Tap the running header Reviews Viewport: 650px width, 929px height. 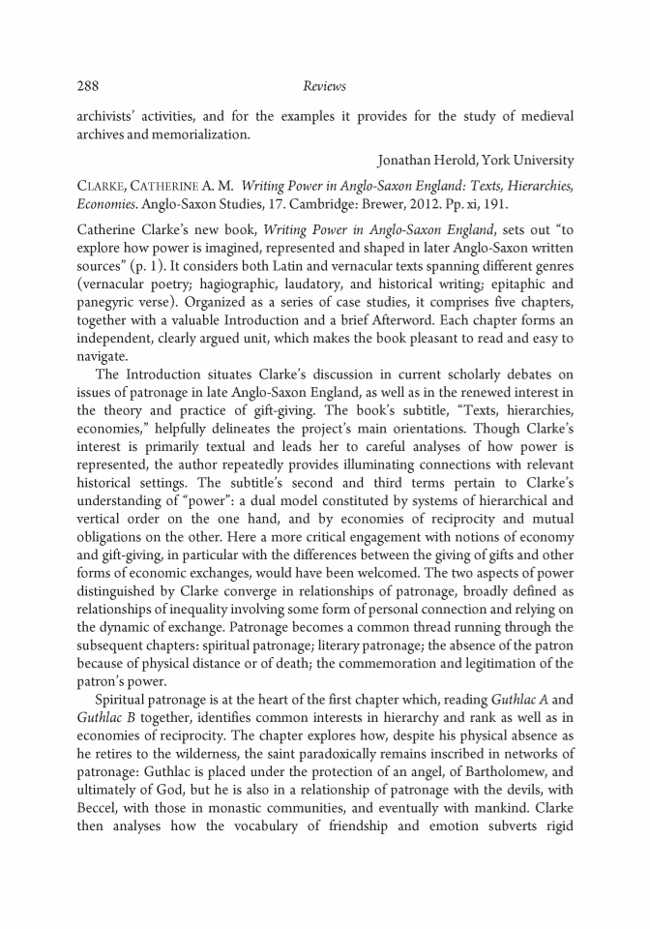[x=324, y=86]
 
